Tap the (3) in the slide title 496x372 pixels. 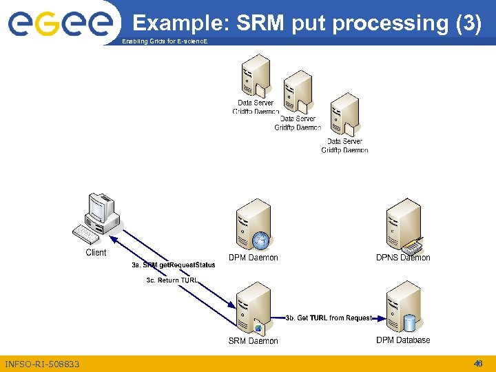tap(468, 23)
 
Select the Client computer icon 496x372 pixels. tap(97, 220)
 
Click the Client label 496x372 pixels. tap(96, 253)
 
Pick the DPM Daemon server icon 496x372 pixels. tap(253, 227)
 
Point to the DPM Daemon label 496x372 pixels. tap(254, 258)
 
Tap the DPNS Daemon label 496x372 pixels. tap(403, 258)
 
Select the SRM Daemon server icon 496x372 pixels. tap(252, 308)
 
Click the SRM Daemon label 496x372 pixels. tap(254, 341)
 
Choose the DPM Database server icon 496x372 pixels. tap(403, 308)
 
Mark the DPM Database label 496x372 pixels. tap(403, 340)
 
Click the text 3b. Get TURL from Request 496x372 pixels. tap(329, 318)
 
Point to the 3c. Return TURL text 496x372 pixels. tap(172, 280)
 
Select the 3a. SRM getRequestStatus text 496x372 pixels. tap(174, 265)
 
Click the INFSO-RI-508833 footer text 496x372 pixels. tap(42, 364)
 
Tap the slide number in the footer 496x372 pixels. tap(477, 363)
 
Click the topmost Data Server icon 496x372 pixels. tap(255, 76)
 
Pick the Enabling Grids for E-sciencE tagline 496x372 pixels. tap(163, 43)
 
